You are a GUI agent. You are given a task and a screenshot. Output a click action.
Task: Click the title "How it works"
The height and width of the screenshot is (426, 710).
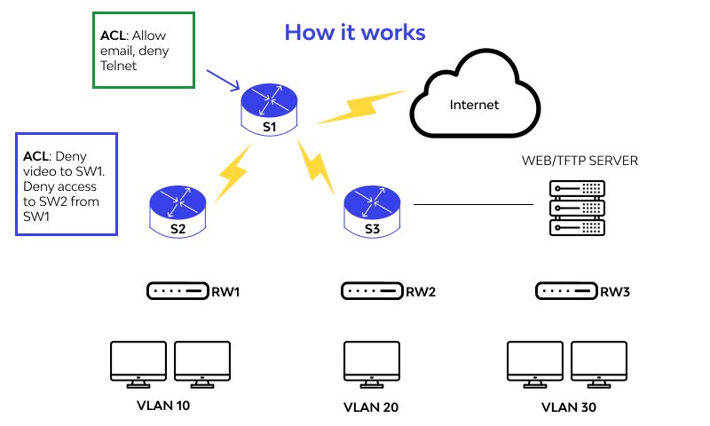(355, 33)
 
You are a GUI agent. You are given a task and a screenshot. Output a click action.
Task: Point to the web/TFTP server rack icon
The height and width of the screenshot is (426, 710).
(577, 207)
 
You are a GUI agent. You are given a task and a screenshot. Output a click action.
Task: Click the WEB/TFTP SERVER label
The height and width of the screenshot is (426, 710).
(580, 161)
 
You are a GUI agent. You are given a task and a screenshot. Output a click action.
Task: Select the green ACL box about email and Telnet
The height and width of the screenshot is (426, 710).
(144, 51)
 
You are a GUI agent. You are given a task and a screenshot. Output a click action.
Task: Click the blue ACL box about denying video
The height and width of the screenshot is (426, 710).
(67, 184)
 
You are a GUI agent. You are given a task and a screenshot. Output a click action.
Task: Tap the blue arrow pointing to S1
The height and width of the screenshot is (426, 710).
(224, 80)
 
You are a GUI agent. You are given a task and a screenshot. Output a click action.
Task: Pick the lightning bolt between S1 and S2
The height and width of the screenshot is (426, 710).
(233, 170)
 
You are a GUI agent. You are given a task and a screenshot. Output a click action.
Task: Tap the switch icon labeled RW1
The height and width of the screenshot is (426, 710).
(177, 291)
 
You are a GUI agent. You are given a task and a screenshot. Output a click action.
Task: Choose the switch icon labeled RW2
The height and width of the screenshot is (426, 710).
(372, 291)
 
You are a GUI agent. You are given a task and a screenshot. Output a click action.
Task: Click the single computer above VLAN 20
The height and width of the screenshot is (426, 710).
(372, 365)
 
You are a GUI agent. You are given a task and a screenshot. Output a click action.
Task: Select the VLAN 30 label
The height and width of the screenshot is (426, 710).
(568, 408)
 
